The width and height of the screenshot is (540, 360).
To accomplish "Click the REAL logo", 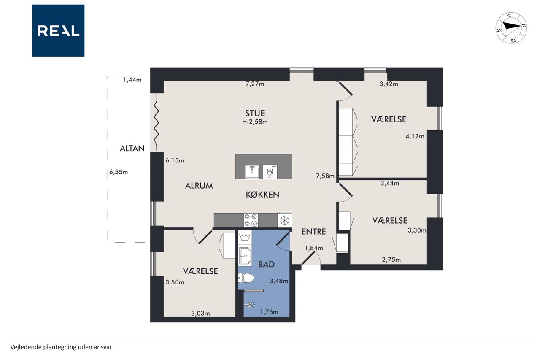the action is pos(58,31).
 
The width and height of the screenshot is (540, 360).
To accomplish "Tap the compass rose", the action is pos(511,28).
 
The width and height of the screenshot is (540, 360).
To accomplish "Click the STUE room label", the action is pos(255,114).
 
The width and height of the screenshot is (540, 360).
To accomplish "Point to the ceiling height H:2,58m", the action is pos(255,122).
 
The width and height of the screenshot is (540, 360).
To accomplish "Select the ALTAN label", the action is pos(132,148).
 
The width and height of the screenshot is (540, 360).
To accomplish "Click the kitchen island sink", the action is pos(252,171).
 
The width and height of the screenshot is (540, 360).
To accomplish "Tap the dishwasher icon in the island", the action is pos(270,171).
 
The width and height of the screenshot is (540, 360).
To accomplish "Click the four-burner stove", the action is pos(251,220).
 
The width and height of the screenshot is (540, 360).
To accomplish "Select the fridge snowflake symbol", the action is pos(285,220).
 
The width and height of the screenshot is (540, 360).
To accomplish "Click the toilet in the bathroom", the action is pos(246,278).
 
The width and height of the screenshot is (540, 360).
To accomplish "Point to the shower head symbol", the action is pos(249,305).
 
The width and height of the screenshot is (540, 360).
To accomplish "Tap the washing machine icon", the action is pos(245,237).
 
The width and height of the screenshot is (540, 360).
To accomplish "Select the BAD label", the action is pos(266,265).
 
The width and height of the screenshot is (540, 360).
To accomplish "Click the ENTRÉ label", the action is pos(313,231).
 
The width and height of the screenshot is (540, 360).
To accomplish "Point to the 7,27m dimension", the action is pos(255,84).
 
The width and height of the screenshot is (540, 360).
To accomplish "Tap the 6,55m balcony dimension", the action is pos(119,172).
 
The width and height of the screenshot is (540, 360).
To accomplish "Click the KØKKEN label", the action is pos(262,195).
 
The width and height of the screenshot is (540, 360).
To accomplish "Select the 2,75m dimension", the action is pos(391,260).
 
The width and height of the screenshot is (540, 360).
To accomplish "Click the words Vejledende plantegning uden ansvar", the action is pos(61,347).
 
